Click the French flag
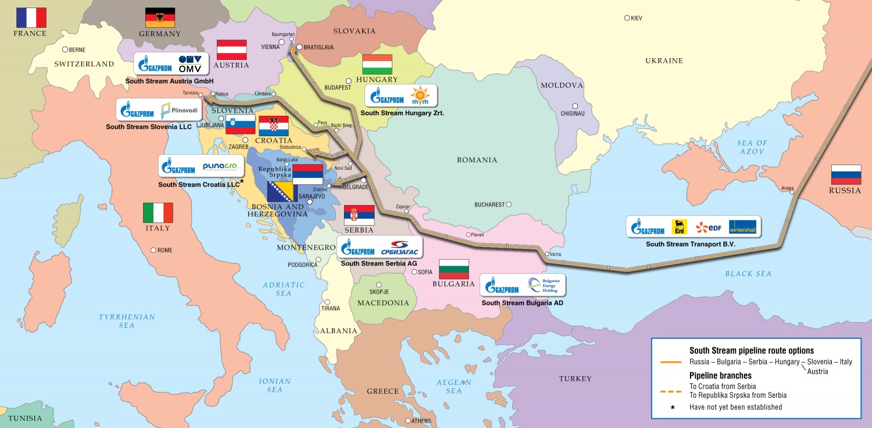[x=31, y=17]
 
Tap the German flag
[x=160, y=18]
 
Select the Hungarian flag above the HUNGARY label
[x=377, y=64]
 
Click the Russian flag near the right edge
[x=846, y=174]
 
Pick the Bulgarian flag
[x=453, y=269]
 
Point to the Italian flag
[x=158, y=213]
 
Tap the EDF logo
[x=708, y=227]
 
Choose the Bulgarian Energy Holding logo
[x=543, y=285]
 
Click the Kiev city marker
[x=627, y=18]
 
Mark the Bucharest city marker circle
[x=509, y=205]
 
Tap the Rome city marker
[x=153, y=250]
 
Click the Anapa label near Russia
[x=787, y=188]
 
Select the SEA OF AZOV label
[x=752, y=147]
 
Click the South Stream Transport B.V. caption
[x=691, y=244]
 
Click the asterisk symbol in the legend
[x=673, y=407]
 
